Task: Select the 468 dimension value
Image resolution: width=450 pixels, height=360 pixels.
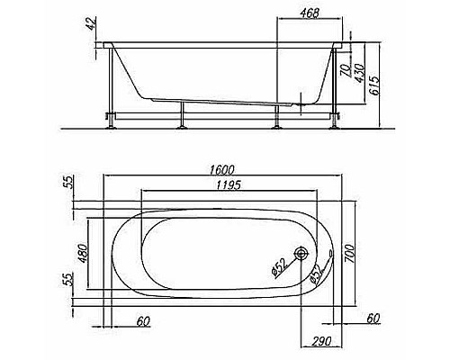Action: coord(310,13)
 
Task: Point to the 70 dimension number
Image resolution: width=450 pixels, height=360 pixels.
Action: coord(346,70)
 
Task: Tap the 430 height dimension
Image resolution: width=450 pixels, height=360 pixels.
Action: coord(359,72)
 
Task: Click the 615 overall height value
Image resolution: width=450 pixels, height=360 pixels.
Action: coord(374,85)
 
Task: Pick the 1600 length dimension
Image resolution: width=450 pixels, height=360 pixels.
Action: coord(221,170)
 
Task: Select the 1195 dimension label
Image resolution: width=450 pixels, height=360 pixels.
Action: coord(229,185)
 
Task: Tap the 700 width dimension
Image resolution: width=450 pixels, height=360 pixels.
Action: coord(349,254)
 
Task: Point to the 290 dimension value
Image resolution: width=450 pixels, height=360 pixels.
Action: coord(322,341)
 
